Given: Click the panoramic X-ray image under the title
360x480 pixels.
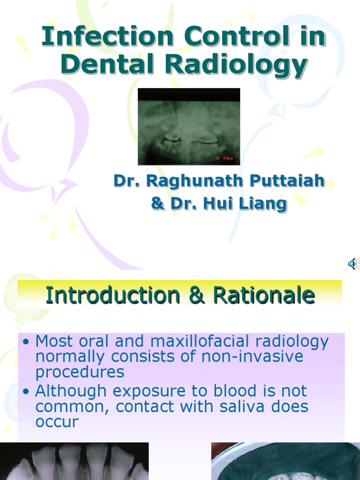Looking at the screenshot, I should [188, 127].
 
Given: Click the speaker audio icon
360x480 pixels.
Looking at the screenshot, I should [353, 264].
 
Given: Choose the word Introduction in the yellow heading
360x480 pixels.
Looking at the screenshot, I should [112, 295].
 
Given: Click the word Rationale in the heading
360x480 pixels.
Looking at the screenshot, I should [263, 295].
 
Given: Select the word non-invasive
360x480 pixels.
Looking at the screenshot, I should [252, 357].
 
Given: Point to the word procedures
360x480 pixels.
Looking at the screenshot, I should [80, 372].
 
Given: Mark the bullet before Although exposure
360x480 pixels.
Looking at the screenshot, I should [27, 391].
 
